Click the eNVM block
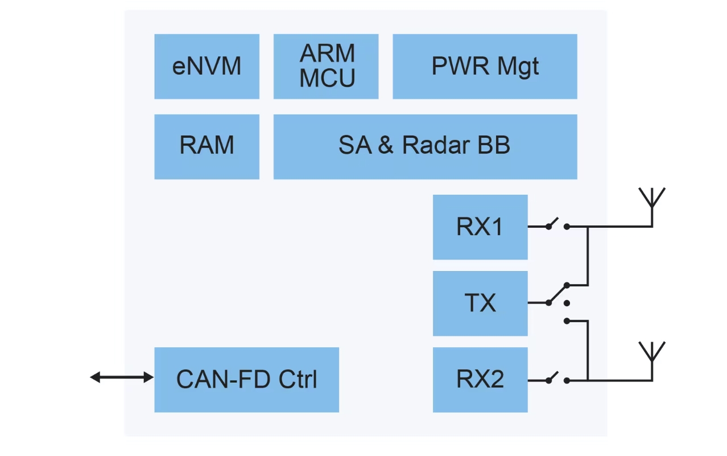[206, 67]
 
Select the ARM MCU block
[326, 67]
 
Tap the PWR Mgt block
[485, 67]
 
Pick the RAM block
[206, 146]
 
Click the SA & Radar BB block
[425, 146]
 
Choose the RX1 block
[480, 227]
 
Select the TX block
[480, 303]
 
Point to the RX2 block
[480, 379]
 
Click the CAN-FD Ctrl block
[246, 379]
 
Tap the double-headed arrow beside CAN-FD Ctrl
[122, 377]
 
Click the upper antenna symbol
[652, 200]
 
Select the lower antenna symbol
[652, 354]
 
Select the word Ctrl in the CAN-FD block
[298, 379]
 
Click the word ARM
[327, 54]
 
